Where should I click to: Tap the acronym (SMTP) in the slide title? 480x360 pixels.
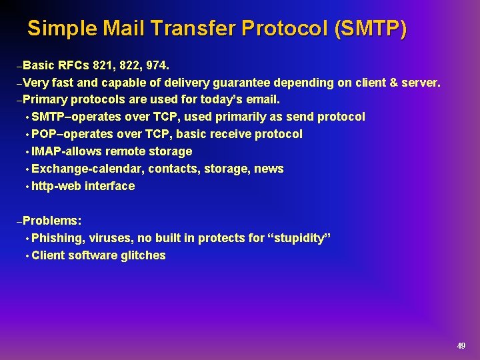[x=371, y=29]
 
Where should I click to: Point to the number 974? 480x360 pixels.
[x=156, y=65]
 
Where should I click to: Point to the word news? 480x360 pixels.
[x=269, y=169]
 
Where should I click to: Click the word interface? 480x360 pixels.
[x=110, y=186]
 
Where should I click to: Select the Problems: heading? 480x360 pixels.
[x=52, y=221]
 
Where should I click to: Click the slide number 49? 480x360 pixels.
[x=461, y=345]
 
